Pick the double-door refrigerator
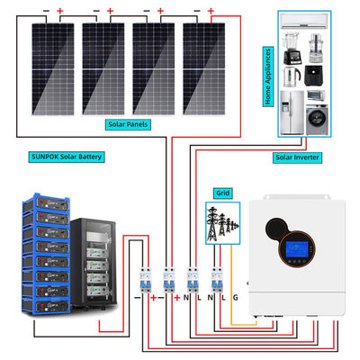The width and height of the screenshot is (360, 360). pos(292,112)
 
